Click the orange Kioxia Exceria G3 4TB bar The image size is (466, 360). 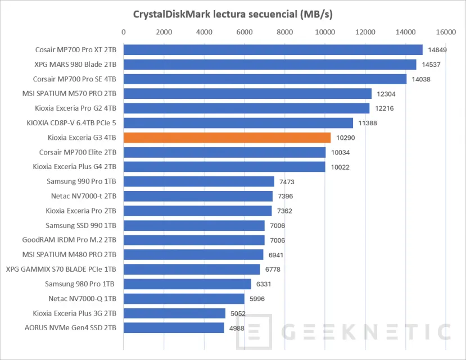(x=227, y=138)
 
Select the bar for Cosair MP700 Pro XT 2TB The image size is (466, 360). (x=273, y=50)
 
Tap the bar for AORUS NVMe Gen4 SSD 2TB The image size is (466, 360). (x=174, y=328)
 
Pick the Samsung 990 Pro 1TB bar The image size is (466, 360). (x=199, y=181)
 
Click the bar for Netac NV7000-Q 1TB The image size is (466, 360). (x=184, y=299)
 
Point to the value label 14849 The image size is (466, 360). (x=437, y=50)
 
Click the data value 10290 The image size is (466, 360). (x=345, y=138)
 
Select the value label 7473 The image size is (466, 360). (x=287, y=182)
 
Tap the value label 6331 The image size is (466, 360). (x=264, y=284)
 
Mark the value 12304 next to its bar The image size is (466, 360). (x=386, y=94)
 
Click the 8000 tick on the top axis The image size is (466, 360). (x=284, y=32)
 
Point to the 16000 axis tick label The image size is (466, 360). (x=446, y=32)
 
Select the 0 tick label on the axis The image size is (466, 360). (x=124, y=32)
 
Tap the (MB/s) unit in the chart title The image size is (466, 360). (x=316, y=14)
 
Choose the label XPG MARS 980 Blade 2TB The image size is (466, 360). (x=75, y=65)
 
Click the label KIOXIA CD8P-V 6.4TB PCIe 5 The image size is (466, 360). (x=71, y=123)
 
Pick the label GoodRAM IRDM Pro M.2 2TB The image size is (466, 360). (x=69, y=240)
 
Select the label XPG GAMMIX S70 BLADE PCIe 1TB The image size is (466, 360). (x=61, y=270)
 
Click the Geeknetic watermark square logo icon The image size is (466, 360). (x=254, y=331)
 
